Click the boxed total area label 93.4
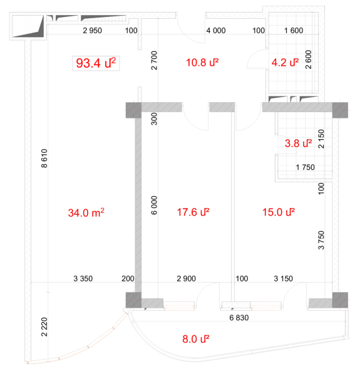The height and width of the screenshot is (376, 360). coord(96,63)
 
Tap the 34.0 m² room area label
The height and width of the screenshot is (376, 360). coord(86,212)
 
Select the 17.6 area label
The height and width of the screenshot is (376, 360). coord(193,212)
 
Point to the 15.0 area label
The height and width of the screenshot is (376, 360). coord(279,212)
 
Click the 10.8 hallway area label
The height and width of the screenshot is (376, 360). coord(202,63)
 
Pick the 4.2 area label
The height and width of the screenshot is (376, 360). coord(285,63)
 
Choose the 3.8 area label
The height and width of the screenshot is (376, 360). coord(299,144)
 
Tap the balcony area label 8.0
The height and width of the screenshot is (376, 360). coord(196,339)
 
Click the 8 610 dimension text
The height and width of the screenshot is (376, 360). coord(44,159)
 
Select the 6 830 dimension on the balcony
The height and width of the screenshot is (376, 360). coord(239,318)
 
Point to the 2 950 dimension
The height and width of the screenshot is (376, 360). coord(93,31)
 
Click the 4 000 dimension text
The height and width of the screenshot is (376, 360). coord(216,31)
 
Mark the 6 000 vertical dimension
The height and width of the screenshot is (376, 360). coord(154,206)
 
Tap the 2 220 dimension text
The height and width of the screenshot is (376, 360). coord(44,327)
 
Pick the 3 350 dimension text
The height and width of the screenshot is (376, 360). coord(83,279)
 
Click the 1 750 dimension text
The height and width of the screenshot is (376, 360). coord(306,167)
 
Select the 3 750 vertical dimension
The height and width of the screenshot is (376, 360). coord(321,240)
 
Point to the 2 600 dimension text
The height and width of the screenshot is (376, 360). coord(309,60)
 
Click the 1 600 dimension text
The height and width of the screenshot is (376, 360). coord(294,31)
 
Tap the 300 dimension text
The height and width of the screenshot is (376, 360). coord(154,119)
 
